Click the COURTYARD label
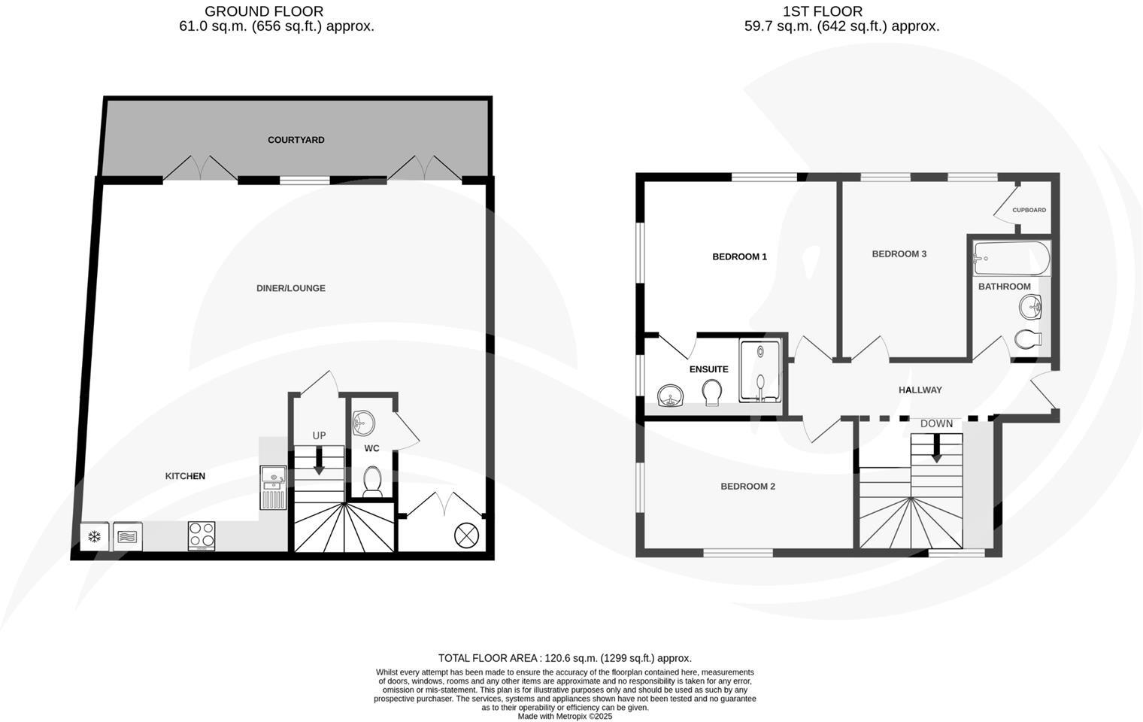[296, 140]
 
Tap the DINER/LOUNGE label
[291, 288]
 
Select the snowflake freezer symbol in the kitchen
[95, 537]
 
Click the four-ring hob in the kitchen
[202, 536]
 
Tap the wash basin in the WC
[363, 423]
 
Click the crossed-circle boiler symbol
[466, 535]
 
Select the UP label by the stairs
[320, 435]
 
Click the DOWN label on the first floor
[936, 423]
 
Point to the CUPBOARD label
[1029, 210]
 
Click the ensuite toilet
[711, 391]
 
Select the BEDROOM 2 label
[747, 486]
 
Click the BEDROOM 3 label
[899, 253]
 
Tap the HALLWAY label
[920, 390]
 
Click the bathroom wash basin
[1032, 307]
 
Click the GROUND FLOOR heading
[264, 11]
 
